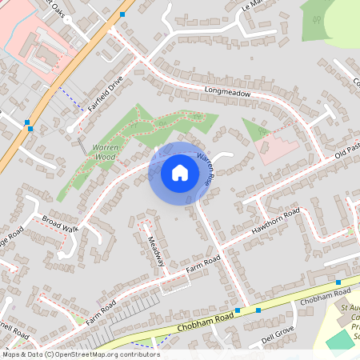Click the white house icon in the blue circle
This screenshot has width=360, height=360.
180,172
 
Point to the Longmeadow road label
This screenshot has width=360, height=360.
228,93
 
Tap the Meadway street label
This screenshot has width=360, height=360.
155,251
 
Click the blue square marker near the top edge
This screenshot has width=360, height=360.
122,14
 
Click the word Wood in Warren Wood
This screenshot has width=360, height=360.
105,158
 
